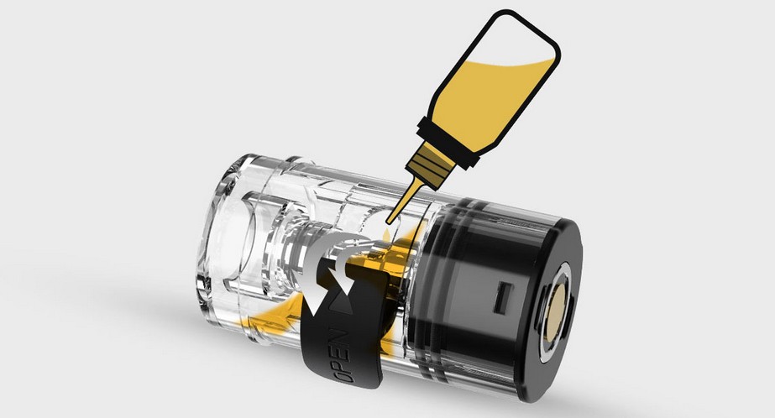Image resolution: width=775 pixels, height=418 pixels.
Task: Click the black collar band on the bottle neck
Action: tap(448, 142)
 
